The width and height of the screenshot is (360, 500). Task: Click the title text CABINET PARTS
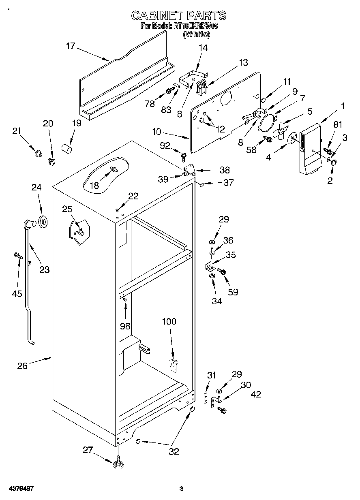(x=179, y=16)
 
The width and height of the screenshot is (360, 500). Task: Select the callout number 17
(x=71, y=46)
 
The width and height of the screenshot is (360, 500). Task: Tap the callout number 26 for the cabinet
(x=22, y=366)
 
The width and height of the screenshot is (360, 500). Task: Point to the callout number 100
(x=169, y=321)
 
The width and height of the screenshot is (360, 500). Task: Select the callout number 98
(x=126, y=326)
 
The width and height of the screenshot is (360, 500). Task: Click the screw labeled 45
(x=17, y=256)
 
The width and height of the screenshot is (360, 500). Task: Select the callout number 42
(x=256, y=394)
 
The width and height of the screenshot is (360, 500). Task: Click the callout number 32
(x=174, y=451)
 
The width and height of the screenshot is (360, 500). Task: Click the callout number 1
(x=343, y=106)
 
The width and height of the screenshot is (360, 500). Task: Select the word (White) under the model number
(x=197, y=35)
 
